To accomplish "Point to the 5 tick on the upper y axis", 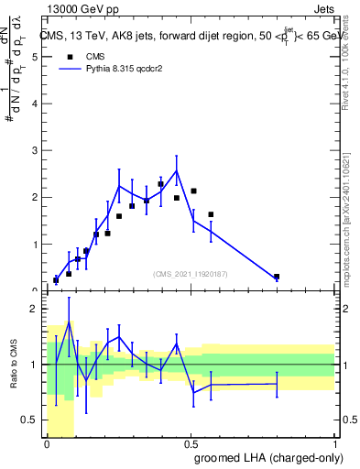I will tap(34, 56).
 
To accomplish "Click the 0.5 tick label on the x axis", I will tap(191, 444).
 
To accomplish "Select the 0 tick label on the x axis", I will tap(48, 444).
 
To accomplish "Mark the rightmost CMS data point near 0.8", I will tap(277, 277).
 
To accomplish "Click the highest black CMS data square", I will tap(160, 184).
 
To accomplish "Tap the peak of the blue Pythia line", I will tap(176, 169).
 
